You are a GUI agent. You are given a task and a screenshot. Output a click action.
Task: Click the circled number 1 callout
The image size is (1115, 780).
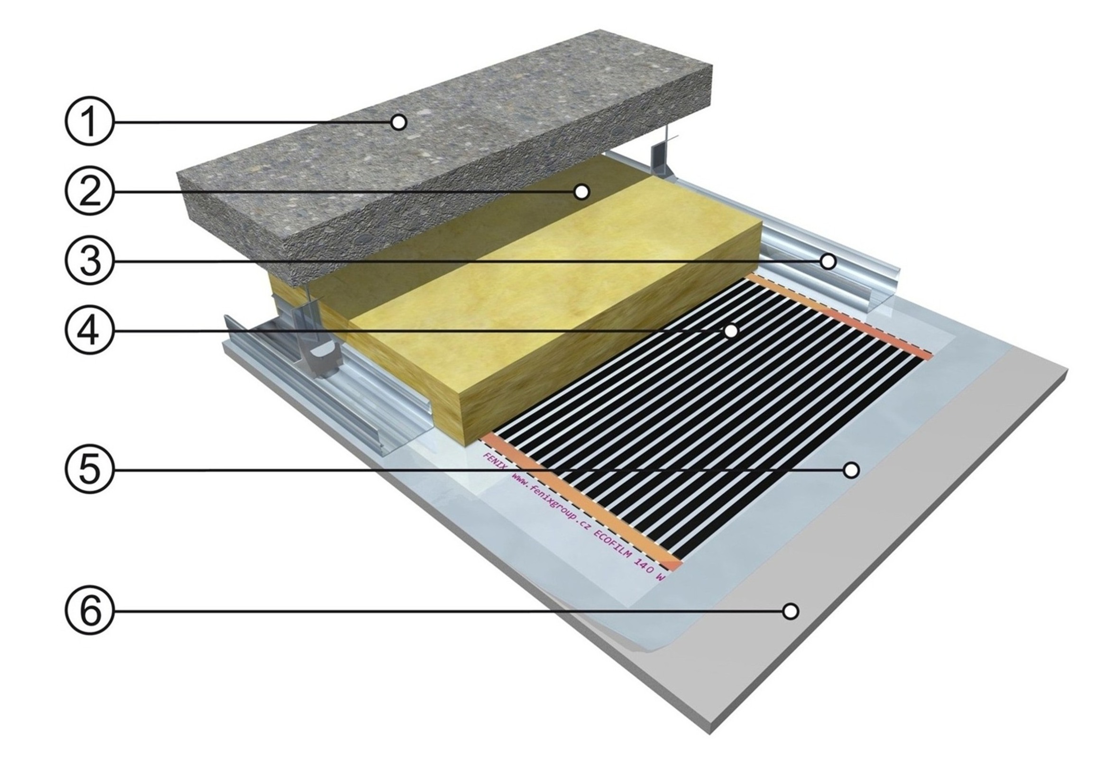[89, 122]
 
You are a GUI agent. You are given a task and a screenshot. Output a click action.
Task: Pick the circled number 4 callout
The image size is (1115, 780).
[89, 331]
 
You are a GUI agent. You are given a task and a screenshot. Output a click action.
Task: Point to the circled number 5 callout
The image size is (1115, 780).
[89, 470]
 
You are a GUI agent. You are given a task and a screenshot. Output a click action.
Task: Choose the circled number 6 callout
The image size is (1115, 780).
[89, 611]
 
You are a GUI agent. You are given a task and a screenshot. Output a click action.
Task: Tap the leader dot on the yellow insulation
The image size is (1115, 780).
[581, 192]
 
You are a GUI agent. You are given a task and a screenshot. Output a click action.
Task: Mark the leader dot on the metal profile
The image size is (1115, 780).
[828, 262]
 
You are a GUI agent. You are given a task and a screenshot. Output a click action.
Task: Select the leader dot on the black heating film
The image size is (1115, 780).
[730, 332]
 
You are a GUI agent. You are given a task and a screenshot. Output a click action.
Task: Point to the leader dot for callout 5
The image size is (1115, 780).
[851, 470]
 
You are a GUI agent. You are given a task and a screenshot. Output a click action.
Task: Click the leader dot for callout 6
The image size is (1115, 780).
[791, 611]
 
